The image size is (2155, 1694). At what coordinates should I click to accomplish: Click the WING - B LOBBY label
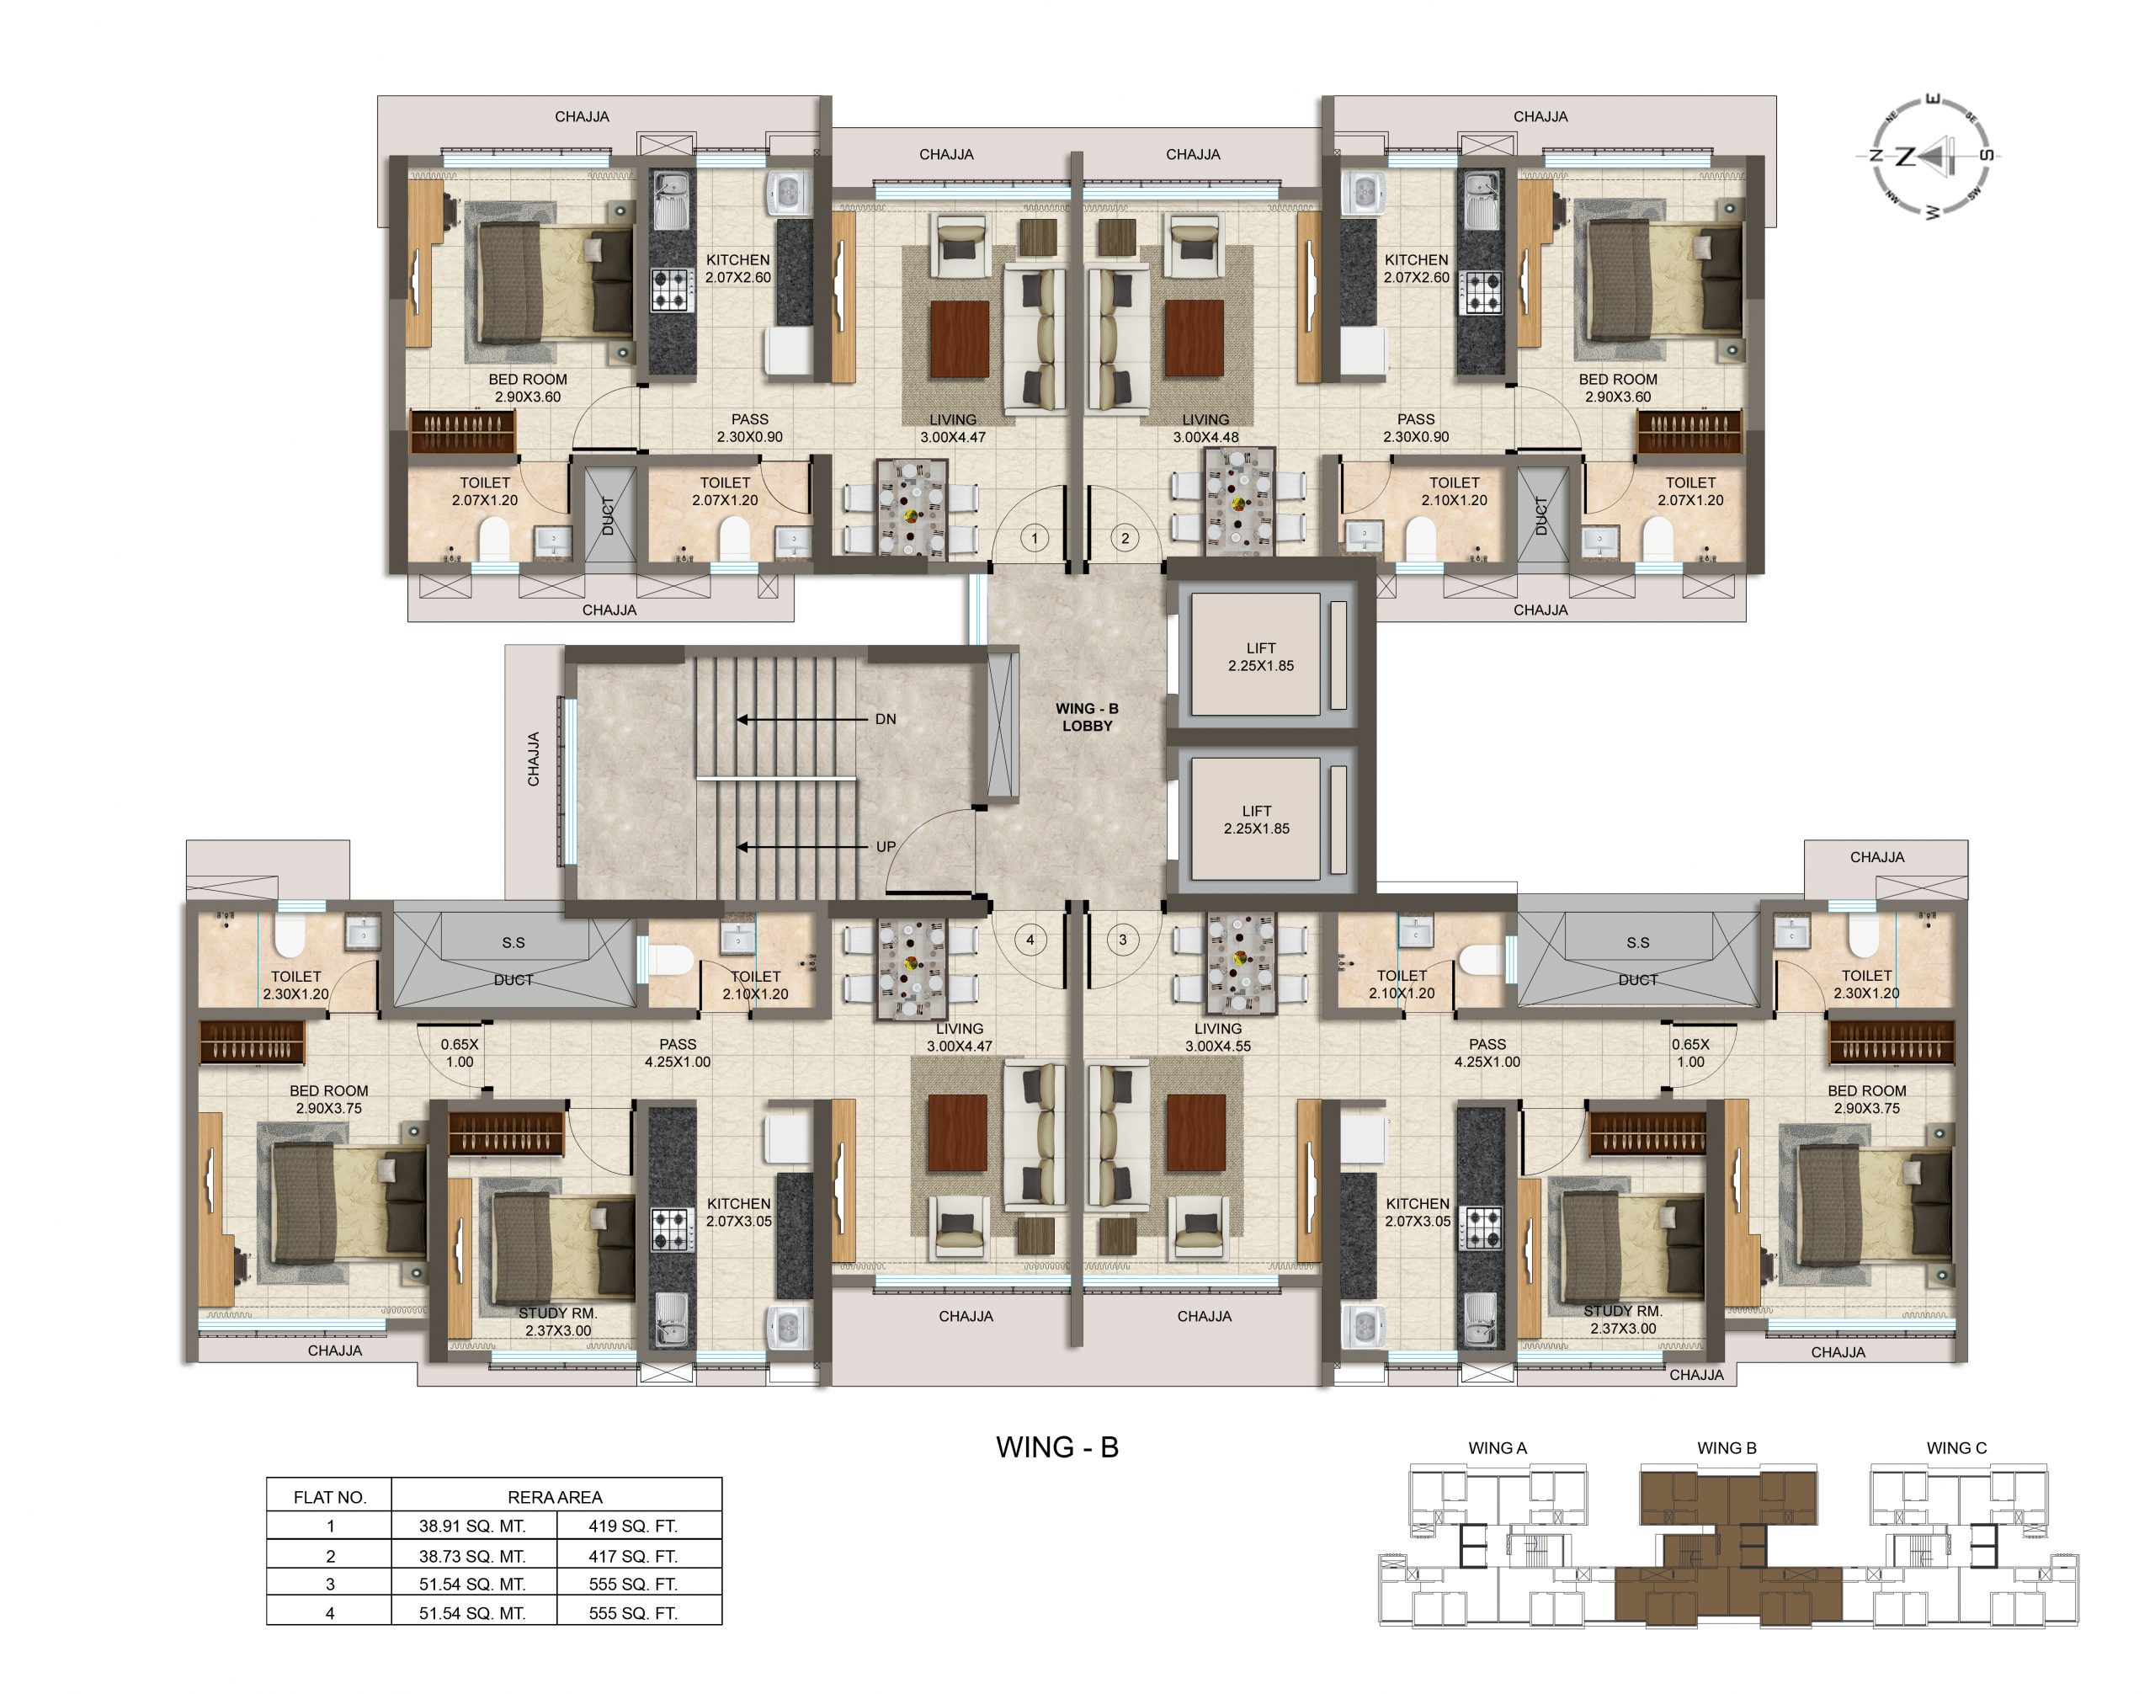point(1087,717)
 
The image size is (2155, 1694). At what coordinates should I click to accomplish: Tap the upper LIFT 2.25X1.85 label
point(1260,657)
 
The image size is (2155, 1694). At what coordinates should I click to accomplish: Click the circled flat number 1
point(1035,539)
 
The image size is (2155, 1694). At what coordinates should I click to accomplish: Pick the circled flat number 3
point(1123,940)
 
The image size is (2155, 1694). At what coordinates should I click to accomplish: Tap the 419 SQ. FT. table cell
point(633,1526)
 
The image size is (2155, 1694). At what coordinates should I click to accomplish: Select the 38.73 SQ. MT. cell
point(472,1556)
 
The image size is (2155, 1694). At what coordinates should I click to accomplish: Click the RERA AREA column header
point(555,1497)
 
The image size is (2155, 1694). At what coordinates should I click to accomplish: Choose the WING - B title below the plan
point(1057,1447)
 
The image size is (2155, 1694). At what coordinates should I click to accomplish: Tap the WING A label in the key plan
point(1498,1448)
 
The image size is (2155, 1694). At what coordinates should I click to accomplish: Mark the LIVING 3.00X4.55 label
point(1217,1037)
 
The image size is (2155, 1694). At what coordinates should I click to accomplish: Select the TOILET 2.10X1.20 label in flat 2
point(1454,492)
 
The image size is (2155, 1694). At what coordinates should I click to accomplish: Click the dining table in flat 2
point(1238,501)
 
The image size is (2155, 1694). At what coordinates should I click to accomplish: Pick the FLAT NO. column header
point(330,1497)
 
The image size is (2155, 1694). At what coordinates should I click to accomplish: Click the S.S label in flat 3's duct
point(1637,942)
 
